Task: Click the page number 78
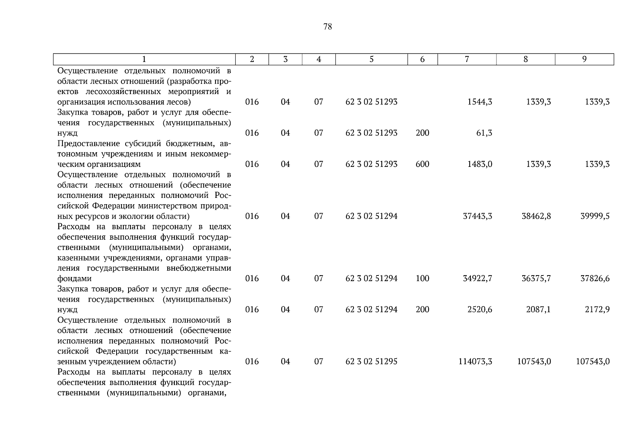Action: pyautogui.click(x=327, y=27)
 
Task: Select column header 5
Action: pyautogui.click(x=371, y=59)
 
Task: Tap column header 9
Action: pyautogui.click(x=584, y=59)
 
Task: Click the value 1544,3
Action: pyautogui.click(x=480, y=102)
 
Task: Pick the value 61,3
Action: pyautogui.click(x=484, y=133)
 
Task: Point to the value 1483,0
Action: pyautogui.click(x=480, y=164)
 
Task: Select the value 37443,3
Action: pyautogui.click(x=477, y=216)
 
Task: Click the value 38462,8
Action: pyautogui.click(x=536, y=216)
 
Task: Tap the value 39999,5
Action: pyautogui.click(x=595, y=216)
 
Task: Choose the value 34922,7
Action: pyautogui.click(x=477, y=279)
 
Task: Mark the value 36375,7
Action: pyautogui.click(x=536, y=279)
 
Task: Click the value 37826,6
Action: pyautogui.click(x=595, y=279)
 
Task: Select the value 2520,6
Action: pyautogui.click(x=480, y=309)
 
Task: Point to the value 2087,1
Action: pyautogui.click(x=538, y=309)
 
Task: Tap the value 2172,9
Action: pyautogui.click(x=597, y=309)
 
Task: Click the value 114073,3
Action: pyautogui.click(x=475, y=361)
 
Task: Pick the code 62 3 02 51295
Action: pyautogui.click(x=371, y=361)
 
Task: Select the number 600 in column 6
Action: pyautogui.click(x=422, y=164)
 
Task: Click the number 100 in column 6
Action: pyautogui.click(x=422, y=279)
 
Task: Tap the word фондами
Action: pyautogui.click(x=74, y=279)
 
